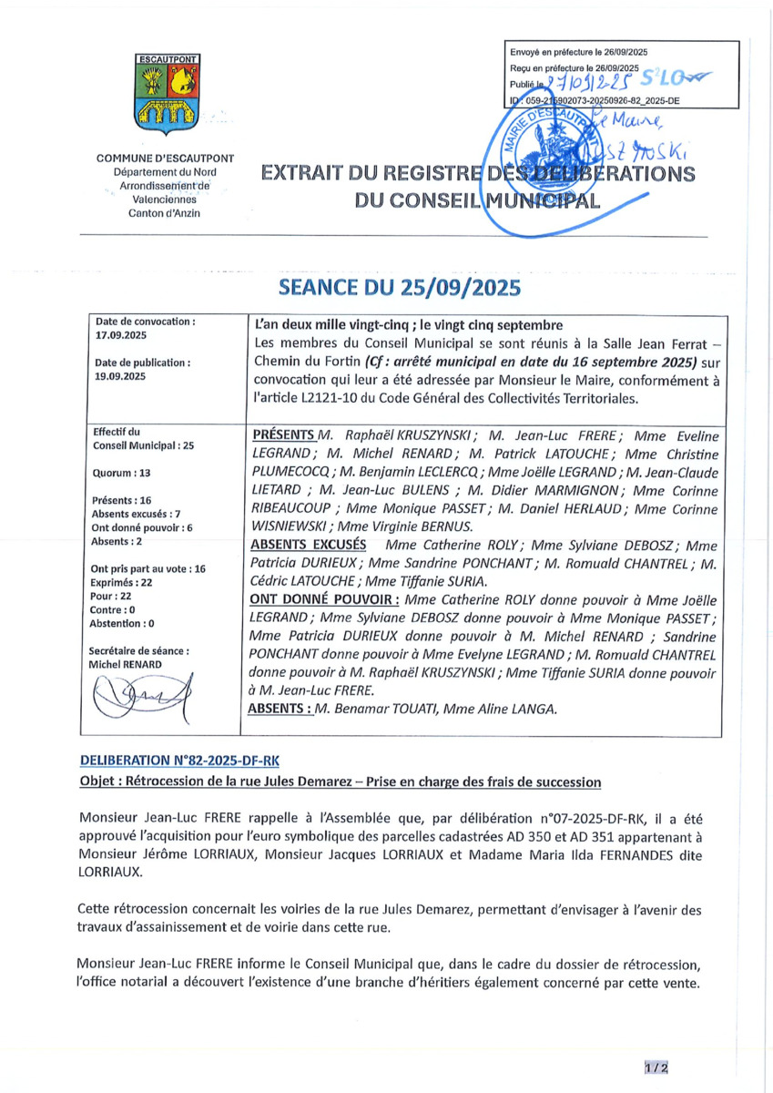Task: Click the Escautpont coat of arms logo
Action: coord(168,93)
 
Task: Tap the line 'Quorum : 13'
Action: coord(124,474)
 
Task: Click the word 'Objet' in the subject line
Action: coord(97,781)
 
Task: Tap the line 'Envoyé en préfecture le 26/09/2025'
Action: coord(579,54)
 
